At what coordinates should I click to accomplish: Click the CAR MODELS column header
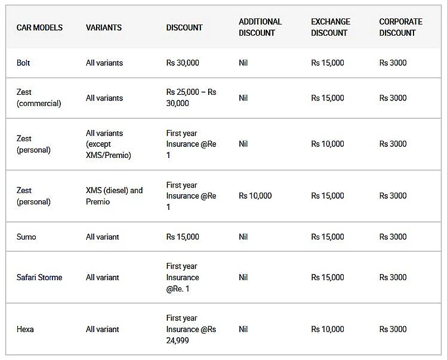39,27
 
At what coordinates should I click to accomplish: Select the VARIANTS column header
103,27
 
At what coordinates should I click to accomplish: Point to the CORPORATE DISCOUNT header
400,27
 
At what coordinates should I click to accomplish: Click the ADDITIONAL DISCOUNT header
260,27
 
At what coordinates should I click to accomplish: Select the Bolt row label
23,63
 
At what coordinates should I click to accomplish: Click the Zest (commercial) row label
39,98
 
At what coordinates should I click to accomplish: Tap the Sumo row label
26,237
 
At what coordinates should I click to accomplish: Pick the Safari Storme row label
39,277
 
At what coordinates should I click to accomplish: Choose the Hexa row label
25,329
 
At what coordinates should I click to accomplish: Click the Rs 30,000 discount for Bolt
182,63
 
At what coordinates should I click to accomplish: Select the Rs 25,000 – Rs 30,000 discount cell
191,98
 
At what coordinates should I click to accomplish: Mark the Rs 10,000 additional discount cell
255,196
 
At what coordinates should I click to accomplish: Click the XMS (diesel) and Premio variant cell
114,196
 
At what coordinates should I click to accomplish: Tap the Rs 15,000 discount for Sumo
182,237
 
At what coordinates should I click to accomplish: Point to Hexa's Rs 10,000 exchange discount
328,329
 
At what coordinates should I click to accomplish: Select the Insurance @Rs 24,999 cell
191,329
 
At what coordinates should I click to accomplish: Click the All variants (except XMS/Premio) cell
108,144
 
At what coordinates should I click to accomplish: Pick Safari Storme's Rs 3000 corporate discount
393,277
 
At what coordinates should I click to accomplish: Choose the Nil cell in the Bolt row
243,63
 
